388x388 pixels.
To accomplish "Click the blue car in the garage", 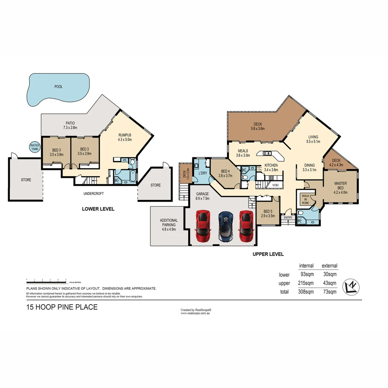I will point(226,227).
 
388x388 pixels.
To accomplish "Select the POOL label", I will point(58,87).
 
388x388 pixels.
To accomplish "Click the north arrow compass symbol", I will point(351,287).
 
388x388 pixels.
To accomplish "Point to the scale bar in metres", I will point(46,281).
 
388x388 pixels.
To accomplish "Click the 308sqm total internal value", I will point(306,292).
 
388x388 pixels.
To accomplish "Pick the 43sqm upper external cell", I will point(329,283).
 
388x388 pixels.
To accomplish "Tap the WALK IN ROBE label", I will point(305,199).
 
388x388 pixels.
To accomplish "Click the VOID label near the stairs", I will point(276,185).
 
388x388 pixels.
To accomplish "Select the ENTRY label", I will point(288,217).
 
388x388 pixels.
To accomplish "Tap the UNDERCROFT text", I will point(93,194).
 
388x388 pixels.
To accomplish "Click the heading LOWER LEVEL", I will point(98,209).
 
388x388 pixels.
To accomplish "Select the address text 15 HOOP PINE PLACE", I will point(61,307).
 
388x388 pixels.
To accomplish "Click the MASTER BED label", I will point(340,186).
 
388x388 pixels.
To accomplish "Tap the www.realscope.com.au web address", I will point(195,313).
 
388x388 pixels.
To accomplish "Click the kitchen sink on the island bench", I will point(267,153).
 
